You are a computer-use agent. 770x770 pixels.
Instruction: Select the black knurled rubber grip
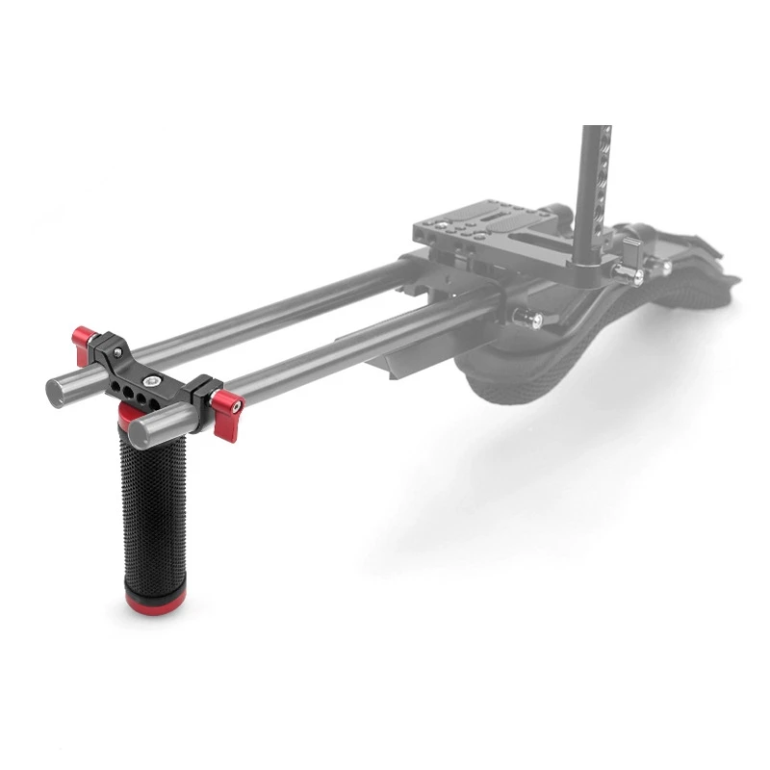click(152, 510)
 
